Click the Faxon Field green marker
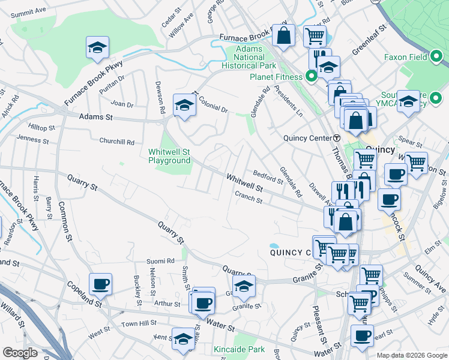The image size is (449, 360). click(436, 58)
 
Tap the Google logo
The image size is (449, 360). click(20, 353)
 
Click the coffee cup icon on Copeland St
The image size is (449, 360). click(100, 284)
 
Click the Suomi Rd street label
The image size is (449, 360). click(161, 262)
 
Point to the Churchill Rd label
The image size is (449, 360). click(117, 142)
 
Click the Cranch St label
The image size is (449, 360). click(249, 198)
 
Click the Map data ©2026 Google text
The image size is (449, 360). click(411, 355)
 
